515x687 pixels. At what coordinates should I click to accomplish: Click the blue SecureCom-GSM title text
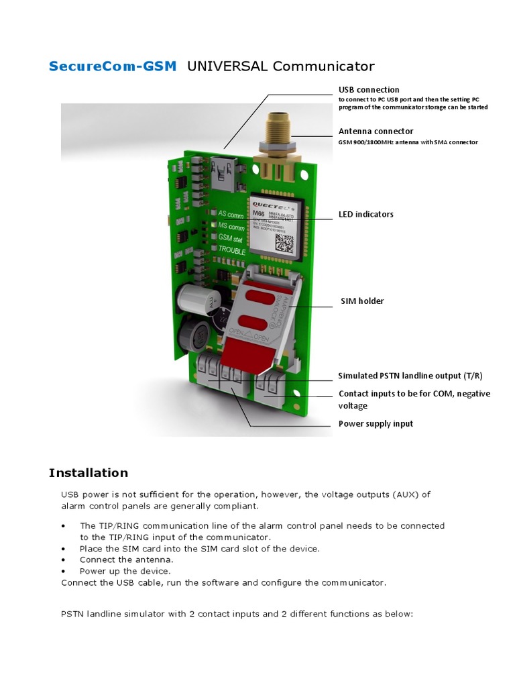click(113, 66)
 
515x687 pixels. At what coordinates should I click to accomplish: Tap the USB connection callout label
click(369, 89)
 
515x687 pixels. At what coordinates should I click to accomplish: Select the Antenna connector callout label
click(376, 131)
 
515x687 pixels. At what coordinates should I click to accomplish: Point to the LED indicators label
click(365, 214)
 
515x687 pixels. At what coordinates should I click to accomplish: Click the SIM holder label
click(361, 301)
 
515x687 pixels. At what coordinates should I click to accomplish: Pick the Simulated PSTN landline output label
click(410, 376)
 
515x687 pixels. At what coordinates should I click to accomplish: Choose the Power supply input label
click(376, 423)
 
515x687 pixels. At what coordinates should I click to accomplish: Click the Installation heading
click(88, 473)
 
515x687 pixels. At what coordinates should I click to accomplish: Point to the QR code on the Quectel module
click(285, 242)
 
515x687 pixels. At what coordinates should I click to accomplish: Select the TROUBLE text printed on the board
click(232, 250)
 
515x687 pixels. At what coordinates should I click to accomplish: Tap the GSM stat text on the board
click(230, 237)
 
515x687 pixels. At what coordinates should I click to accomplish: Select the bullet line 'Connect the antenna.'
click(126, 560)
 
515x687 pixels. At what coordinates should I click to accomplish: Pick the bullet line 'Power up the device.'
click(125, 571)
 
